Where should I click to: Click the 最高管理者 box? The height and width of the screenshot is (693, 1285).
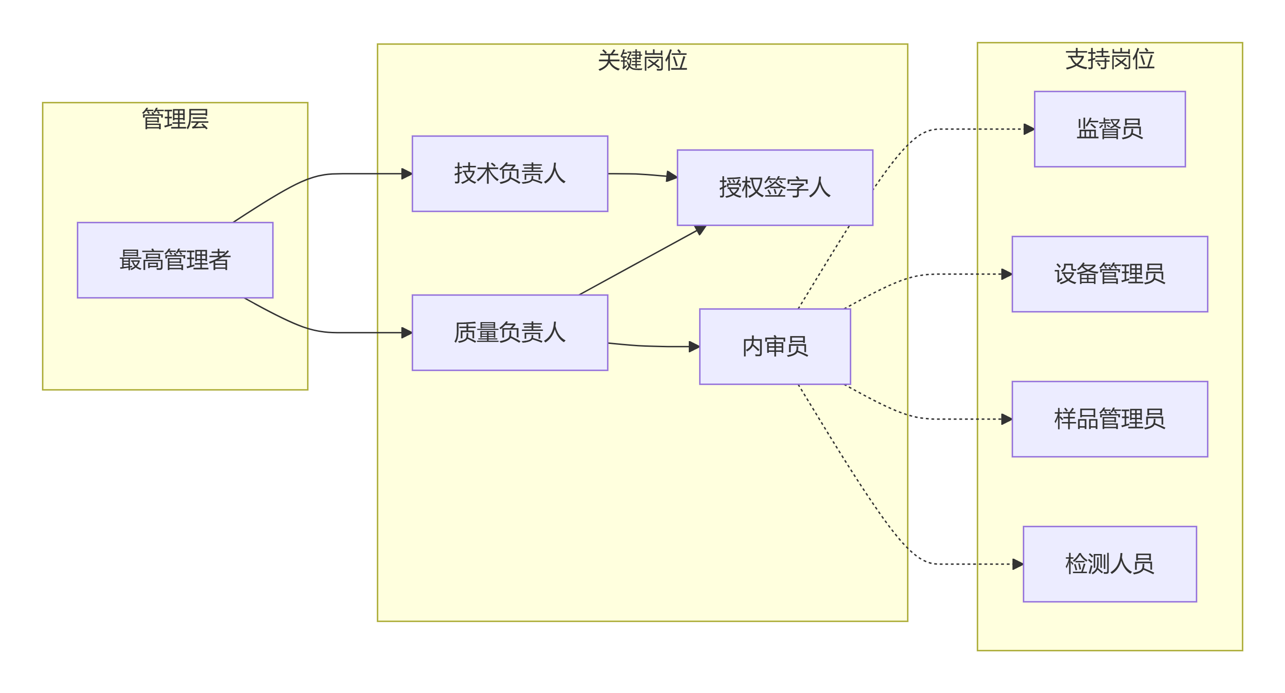point(175,260)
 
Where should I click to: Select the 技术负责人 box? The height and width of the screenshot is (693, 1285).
point(510,173)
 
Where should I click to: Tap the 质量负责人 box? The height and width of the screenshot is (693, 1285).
point(510,332)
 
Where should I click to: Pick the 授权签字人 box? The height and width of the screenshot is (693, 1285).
point(775,187)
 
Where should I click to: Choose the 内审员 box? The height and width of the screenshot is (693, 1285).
point(775,347)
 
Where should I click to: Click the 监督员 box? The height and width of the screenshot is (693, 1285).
point(1109,129)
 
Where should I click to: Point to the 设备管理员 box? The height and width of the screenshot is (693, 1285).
point(1109,274)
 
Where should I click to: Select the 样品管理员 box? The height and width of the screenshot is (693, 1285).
point(1109,419)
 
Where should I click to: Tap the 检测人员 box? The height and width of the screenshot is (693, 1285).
point(1109,564)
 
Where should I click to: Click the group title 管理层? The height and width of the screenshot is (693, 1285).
point(175,119)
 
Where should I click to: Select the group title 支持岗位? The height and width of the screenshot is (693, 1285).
point(1109,59)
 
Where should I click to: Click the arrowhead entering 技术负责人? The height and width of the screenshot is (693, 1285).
point(407,174)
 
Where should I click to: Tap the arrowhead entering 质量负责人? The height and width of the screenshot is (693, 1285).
point(407,332)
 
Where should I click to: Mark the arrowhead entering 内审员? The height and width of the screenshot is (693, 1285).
point(694,347)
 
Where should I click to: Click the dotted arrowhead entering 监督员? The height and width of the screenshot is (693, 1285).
point(1029,129)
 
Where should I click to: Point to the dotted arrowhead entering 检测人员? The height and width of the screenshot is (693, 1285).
point(1018,564)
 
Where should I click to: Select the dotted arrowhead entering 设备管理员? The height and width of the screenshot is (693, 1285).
point(1006,274)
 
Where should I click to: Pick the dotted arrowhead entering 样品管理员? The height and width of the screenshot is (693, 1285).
point(1006,419)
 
